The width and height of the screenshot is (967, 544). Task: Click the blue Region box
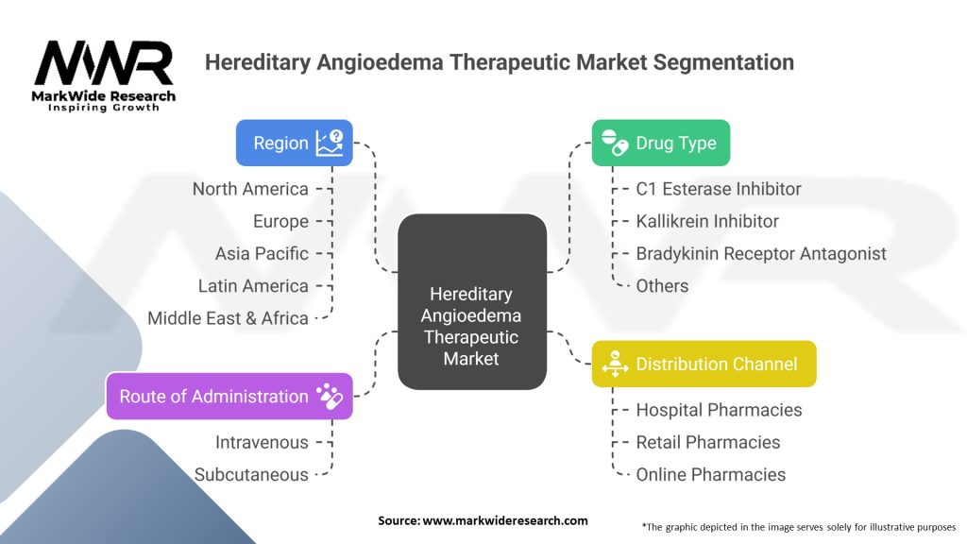point(295,143)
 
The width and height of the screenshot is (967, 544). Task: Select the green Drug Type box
point(660,143)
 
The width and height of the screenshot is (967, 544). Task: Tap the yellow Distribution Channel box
point(704,364)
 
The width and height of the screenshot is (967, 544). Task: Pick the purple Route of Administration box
point(229,396)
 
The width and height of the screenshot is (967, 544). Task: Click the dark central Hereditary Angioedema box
point(472,301)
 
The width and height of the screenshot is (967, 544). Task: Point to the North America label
point(250,189)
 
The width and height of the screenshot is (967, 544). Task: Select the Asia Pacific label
point(262,253)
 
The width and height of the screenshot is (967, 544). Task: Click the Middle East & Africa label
point(228,318)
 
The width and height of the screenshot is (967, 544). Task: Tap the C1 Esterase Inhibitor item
point(719,189)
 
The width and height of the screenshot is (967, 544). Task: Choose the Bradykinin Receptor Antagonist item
point(761,253)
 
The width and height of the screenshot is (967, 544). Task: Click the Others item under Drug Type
point(662,285)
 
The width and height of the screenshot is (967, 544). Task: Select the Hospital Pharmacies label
point(719,410)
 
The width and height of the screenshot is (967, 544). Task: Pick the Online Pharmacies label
point(710,474)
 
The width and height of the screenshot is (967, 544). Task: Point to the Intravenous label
point(262,442)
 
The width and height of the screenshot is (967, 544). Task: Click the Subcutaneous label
point(251,474)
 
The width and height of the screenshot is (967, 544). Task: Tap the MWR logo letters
point(104,62)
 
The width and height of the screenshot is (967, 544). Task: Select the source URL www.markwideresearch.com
point(505,520)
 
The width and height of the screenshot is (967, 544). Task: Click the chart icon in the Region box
point(330,143)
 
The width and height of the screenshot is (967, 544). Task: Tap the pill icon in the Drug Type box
point(614,143)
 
